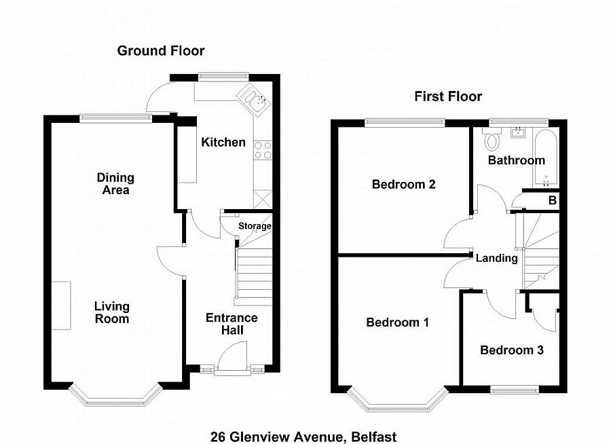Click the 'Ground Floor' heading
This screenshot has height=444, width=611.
[x=160, y=51]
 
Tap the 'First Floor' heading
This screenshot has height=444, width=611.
[x=448, y=96]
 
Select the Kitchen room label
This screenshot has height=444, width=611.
[x=223, y=142]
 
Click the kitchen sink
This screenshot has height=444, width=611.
[x=254, y=100]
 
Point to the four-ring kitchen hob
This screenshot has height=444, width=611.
[x=263, y=149]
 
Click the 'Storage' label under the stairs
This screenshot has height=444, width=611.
[x=255, y=226]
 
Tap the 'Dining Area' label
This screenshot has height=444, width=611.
[x=115, y=183]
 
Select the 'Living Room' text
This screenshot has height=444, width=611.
[x=112, y=312]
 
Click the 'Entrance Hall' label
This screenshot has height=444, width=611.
[x=232, y=324]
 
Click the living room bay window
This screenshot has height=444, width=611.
[x=115, y=397]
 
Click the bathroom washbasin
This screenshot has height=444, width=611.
[x=518, y=132]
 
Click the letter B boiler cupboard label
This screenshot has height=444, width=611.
[x=552, y=200]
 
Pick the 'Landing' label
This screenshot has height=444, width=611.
[x=497, y=258]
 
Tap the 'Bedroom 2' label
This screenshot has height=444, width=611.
[x=403, y=184]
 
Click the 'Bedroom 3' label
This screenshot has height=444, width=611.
[x=512, y=350]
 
